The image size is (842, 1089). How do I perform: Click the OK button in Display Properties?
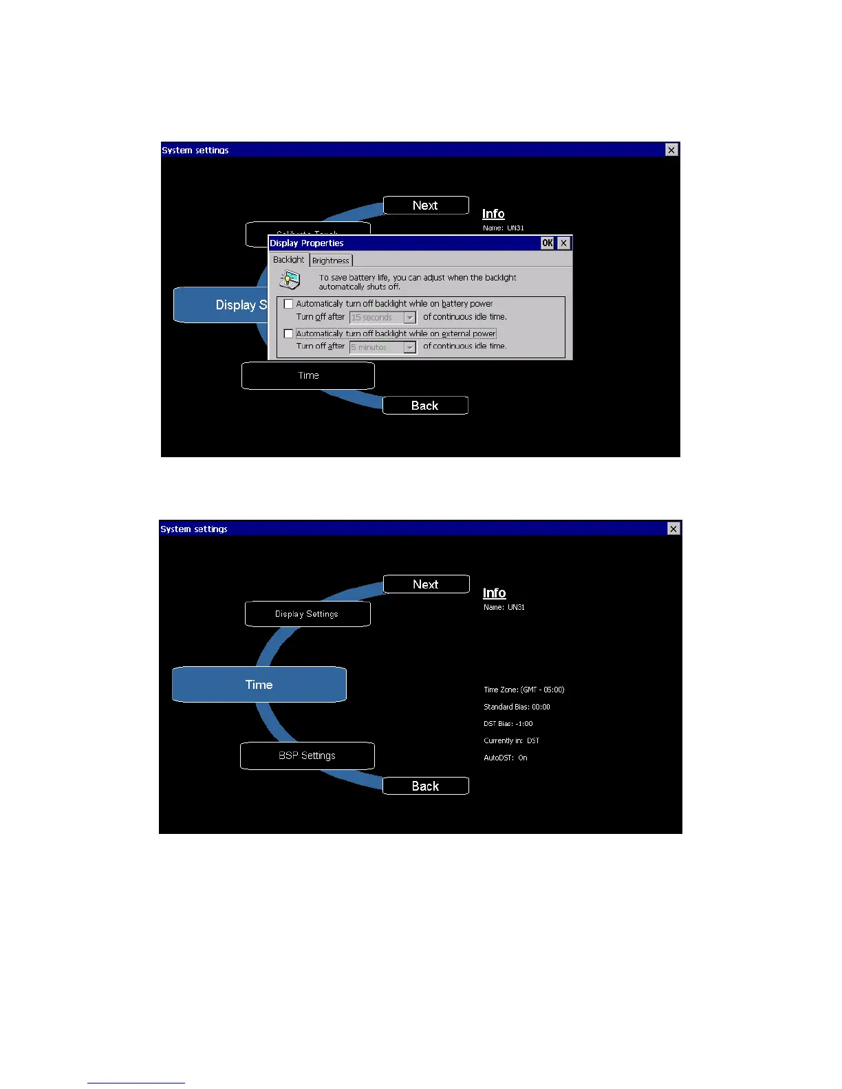click(x=547, y=243)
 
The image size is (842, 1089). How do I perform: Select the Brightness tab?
click(x=331, y=261)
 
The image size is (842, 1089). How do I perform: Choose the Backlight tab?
click(x=288, y=260)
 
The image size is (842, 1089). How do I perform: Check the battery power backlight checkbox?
click(x=289, y=304)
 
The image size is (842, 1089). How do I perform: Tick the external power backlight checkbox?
click(x=289, y=333)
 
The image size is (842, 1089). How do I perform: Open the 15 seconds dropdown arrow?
click(x=410, y=318)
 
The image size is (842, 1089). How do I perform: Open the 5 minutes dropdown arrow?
click(x=410, y=347)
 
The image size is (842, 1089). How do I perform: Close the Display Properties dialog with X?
click(x=563, y=243)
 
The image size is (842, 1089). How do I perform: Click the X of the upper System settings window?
click(x=671, y=150)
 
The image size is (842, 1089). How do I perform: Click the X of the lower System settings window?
click(x=673, y=529)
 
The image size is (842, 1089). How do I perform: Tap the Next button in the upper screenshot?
click(x=426, y=206)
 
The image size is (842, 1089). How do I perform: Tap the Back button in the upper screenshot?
click(x=425, y=406)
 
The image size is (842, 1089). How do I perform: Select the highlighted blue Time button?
click(x=259, y=685)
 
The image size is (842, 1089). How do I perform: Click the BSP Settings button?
click(x=307, y=756)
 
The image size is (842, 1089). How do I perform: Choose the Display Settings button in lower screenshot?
click(x=307, y=614)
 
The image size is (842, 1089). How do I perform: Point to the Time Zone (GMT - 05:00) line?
click(x=523, y=690)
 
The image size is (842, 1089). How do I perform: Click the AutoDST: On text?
click(x=506, y=758)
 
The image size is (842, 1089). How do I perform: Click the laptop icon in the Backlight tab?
click(x=290, y=280)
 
